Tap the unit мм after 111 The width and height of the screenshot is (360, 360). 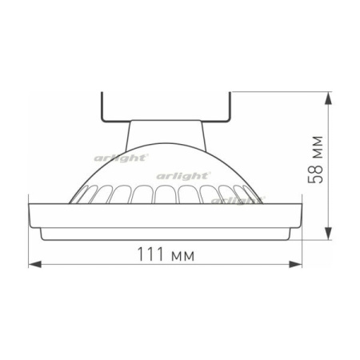coord(182,255)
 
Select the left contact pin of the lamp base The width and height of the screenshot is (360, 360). coord(103,104)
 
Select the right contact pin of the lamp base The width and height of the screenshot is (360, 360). coord(230,104)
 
